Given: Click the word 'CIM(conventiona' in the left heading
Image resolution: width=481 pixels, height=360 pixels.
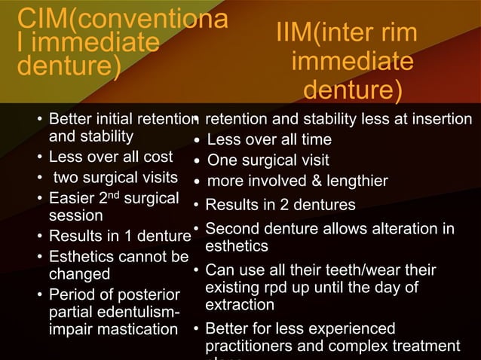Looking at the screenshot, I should [x=121, y=17].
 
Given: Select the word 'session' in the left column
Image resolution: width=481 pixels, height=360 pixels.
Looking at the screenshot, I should [x=73, y=215].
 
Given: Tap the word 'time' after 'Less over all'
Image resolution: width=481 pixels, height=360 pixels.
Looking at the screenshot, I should [x=316, y=139].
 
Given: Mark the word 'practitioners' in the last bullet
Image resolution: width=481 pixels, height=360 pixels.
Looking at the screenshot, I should [x=250, y=346].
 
